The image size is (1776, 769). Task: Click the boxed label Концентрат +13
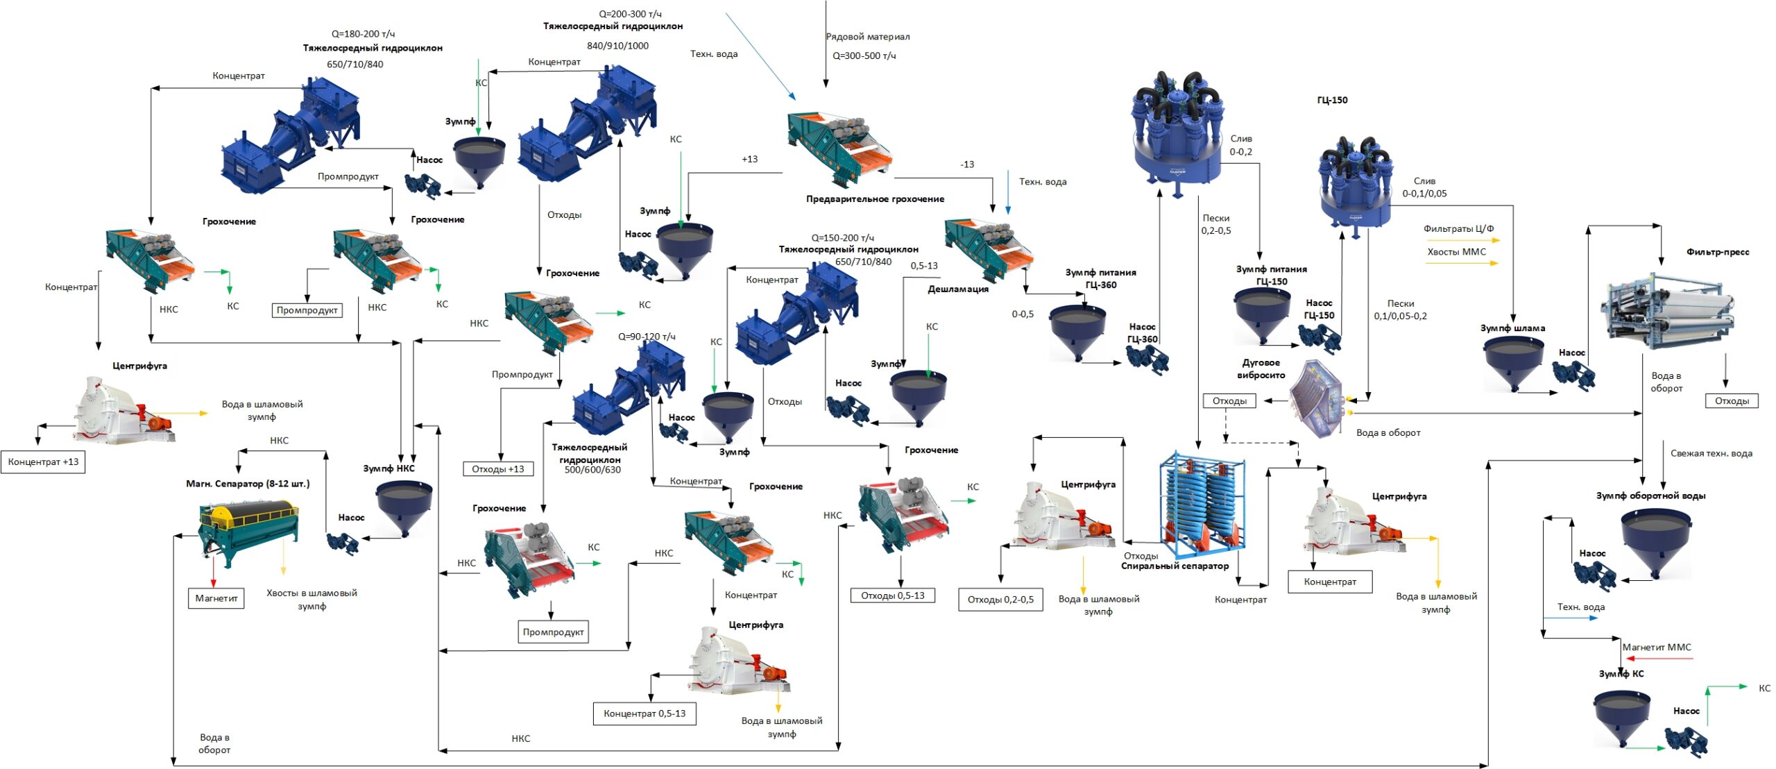click(43, 462)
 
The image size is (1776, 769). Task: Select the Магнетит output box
click(216, 598)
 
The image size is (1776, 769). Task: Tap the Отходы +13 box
click(498, 469)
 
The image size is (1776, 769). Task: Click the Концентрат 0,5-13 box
click(644, 713)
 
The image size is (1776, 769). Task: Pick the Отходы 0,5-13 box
click(893, 595)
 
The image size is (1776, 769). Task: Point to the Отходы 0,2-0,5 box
click(1000, 600)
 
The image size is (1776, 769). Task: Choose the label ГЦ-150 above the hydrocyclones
click(1332, 100)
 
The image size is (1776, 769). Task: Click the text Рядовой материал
click(868, 37)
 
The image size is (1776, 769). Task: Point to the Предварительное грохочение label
click(875, 199)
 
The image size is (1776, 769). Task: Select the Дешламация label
click(958, 289)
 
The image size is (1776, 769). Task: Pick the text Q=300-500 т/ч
click(864, 56)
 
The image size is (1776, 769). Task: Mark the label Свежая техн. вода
click(1711, 454)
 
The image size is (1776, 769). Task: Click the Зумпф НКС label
click(388, 468)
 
